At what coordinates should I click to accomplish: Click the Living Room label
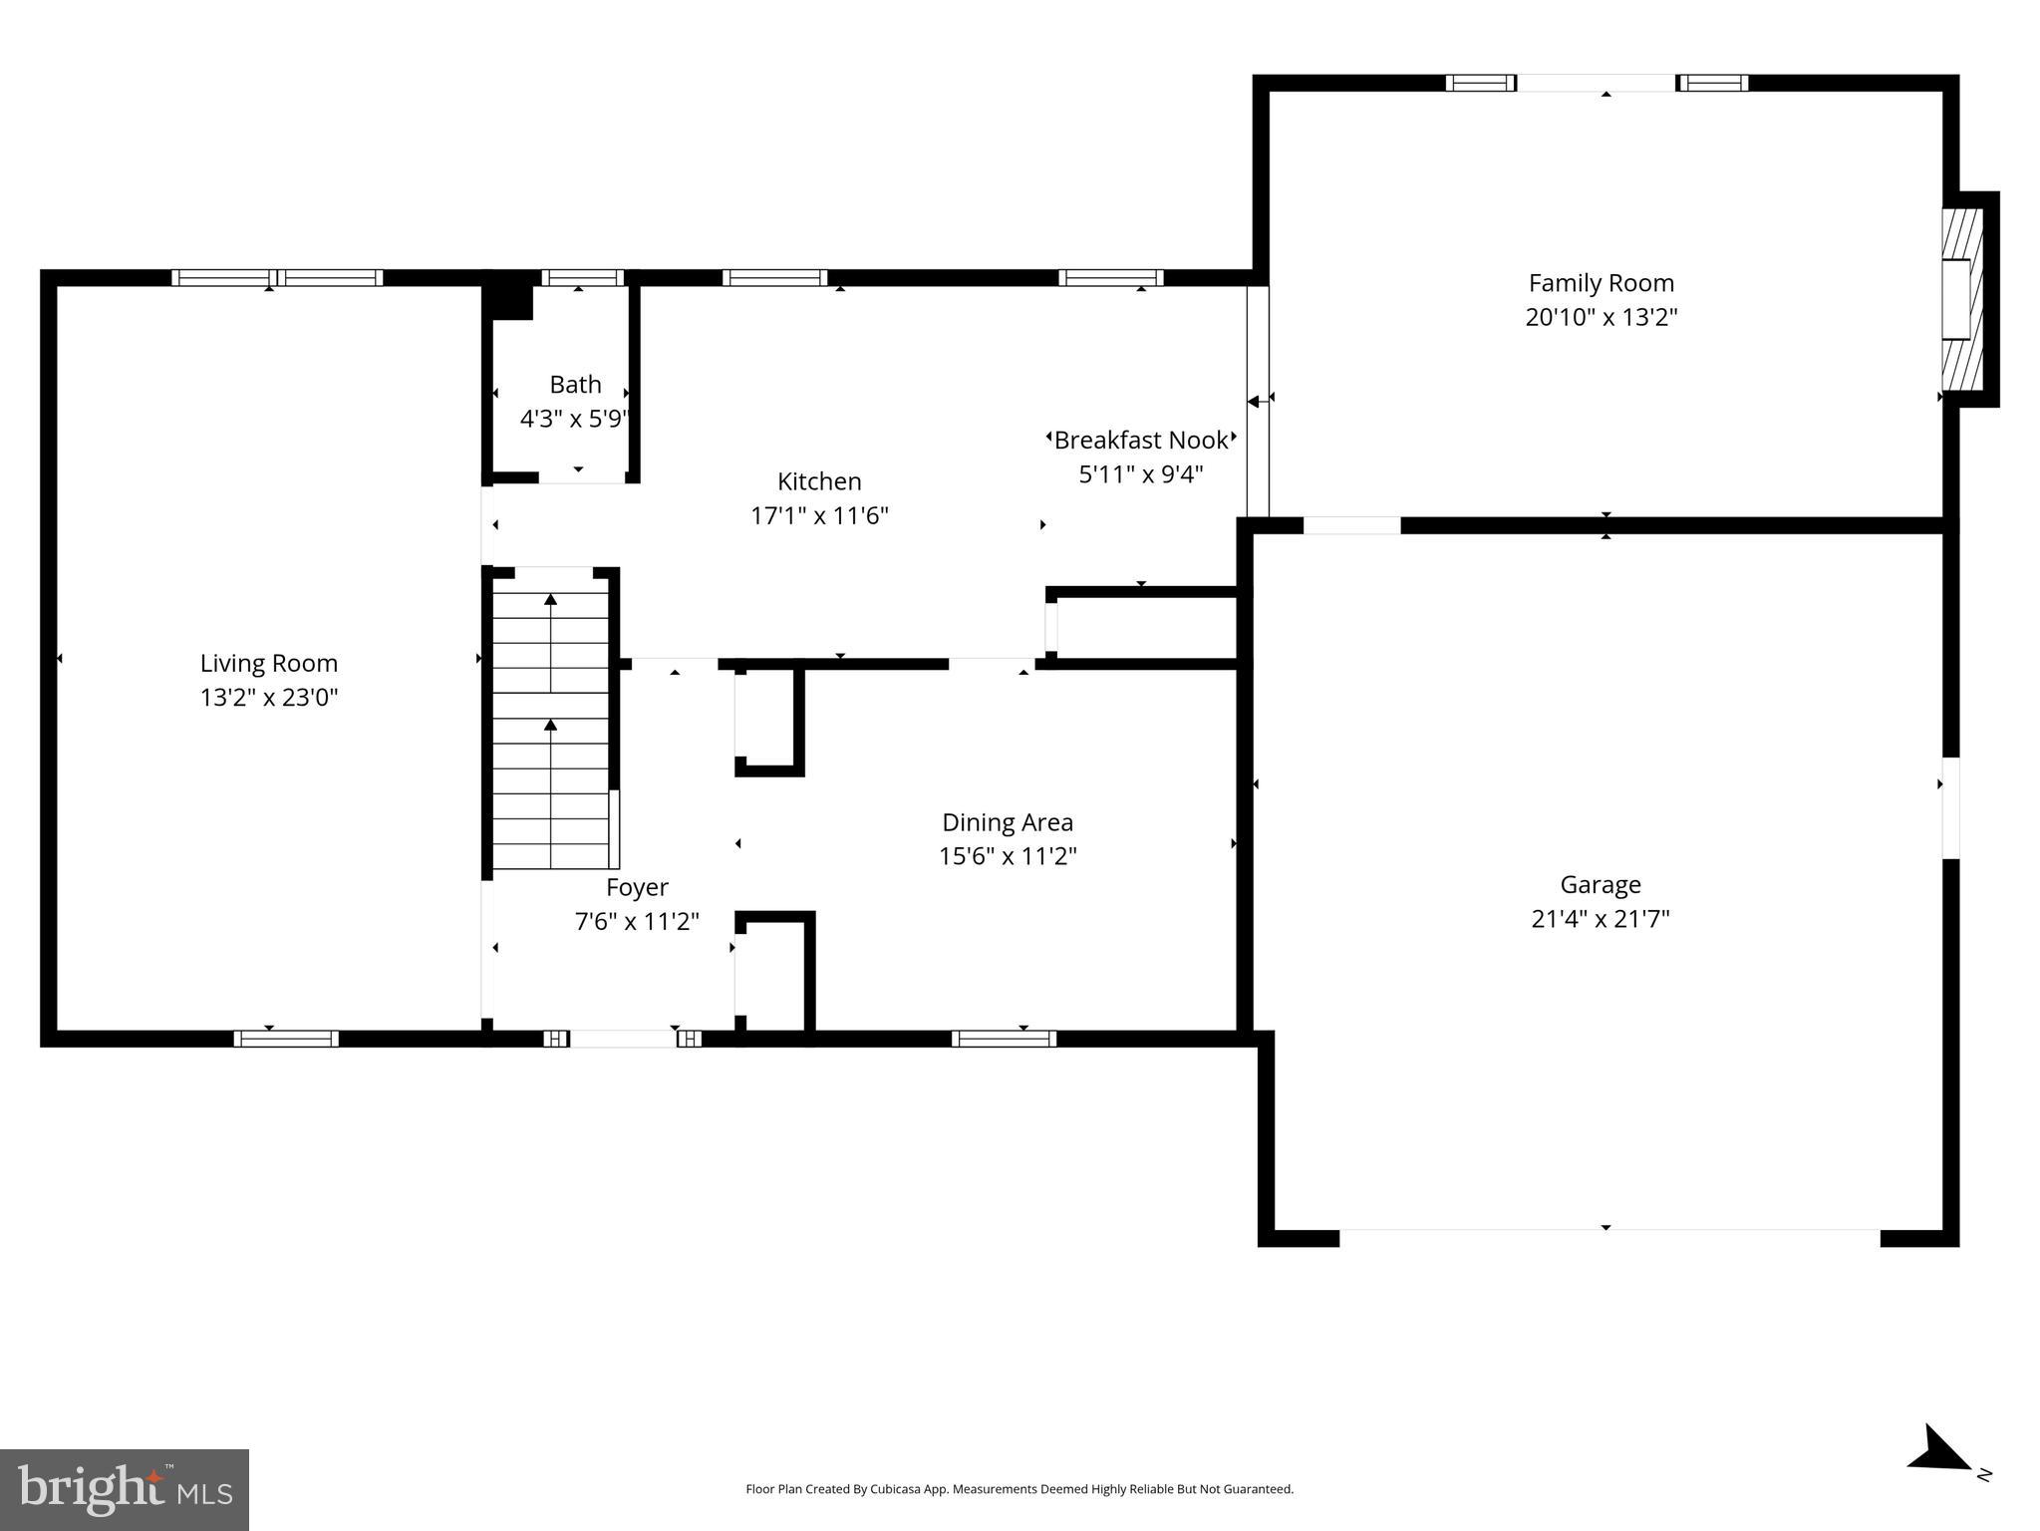click(x=269, y=663)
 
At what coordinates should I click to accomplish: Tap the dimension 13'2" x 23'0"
click(x=269, y=698)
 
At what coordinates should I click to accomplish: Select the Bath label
click(x=575, y=384)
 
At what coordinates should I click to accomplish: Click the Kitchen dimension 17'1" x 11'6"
click(x=819, y=516)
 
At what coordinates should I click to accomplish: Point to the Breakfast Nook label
click(x=1141, y=440)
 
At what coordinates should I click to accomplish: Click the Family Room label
click(x=1601, y=283)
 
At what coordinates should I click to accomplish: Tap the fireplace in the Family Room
click(x=1960, y=299)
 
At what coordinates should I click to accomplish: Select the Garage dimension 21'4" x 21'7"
click(x=1600, y=919)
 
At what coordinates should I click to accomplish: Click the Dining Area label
click(x=1008, y=822)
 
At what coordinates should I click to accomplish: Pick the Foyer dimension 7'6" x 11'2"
click(x=637, y=922)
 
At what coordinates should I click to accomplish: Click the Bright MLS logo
click(x=125, y=1489)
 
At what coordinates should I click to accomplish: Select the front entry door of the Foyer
click(x=623, y=1039)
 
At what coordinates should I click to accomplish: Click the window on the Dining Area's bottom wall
click(x=1004, y=1039)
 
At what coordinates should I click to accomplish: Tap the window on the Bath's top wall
click(x=582, y=277)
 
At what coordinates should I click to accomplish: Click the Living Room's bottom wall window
click(x=286, y=1039)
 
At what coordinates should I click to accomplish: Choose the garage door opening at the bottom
click(x=1608, y=1238)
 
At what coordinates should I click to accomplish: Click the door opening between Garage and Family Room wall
click(x=1351, y=525)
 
